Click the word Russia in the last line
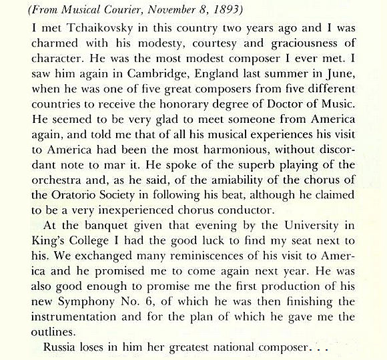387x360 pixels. click(x=60, y=348)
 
